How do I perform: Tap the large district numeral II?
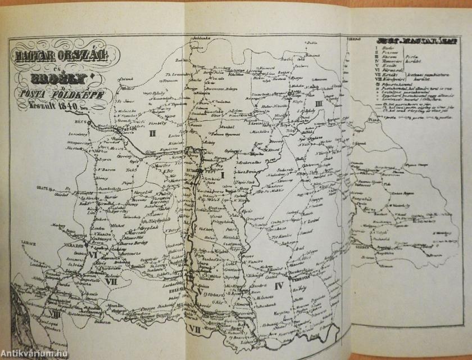click(x=152, y=133)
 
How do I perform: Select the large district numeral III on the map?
click(x=319, y=105)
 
